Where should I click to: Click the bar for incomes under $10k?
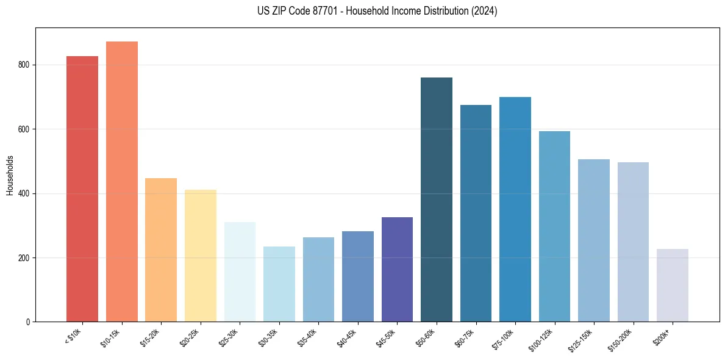click(82, 189)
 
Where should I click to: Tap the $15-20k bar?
click(161, 250)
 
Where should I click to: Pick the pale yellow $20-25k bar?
click(201, 256)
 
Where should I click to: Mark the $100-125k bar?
click(554, 226)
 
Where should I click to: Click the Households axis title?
click(10, 175)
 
